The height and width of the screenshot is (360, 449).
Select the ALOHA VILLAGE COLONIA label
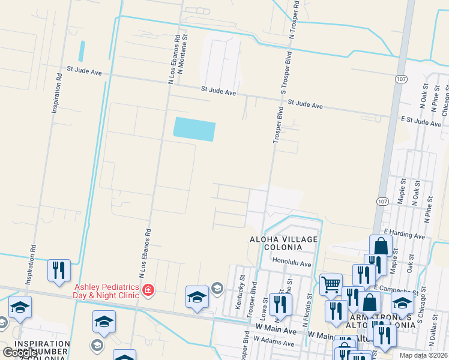click(x=283, y=244)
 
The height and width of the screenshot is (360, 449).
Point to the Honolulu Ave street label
click(x=292, y=264)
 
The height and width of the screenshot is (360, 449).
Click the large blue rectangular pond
click(x=194, y=128)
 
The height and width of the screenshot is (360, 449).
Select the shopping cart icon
click(x=331, y=284)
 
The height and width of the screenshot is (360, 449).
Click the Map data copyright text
click(x=423, y=355)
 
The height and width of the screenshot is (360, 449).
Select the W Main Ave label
click(x=276, y=331)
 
